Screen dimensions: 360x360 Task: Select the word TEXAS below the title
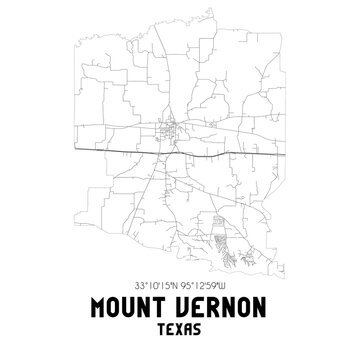(x=180, y=328)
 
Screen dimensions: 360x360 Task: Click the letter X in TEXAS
(x=180, y=328)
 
